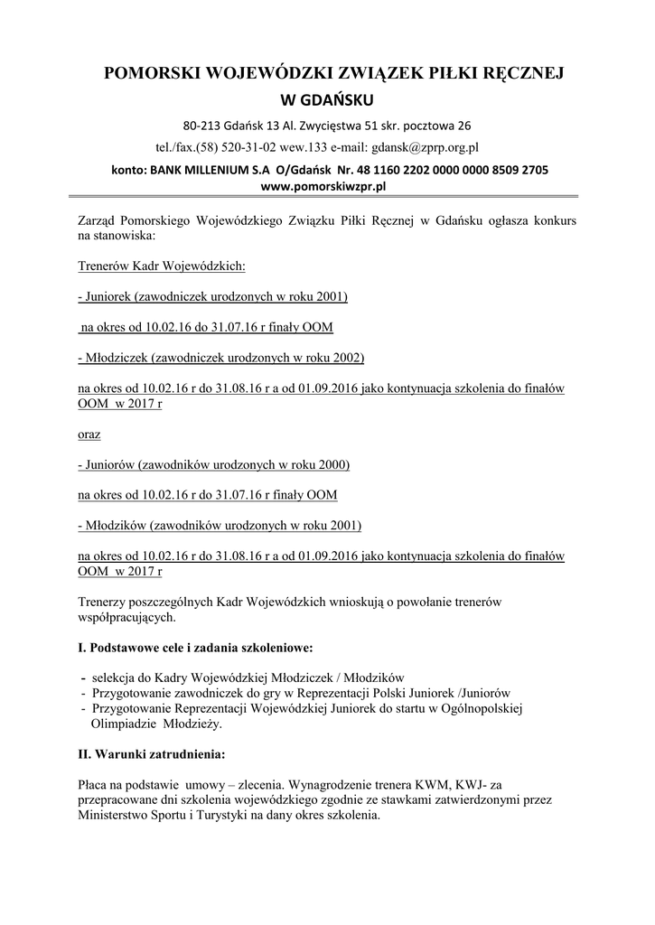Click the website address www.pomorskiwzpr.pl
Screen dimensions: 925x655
click(323, 186)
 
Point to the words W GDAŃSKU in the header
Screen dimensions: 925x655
click(323, 98)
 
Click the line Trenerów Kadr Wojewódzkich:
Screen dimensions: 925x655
click(162, 267)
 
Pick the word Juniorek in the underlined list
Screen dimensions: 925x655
click(109, 296)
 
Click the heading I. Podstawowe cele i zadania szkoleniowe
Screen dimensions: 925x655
click(195, 648)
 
